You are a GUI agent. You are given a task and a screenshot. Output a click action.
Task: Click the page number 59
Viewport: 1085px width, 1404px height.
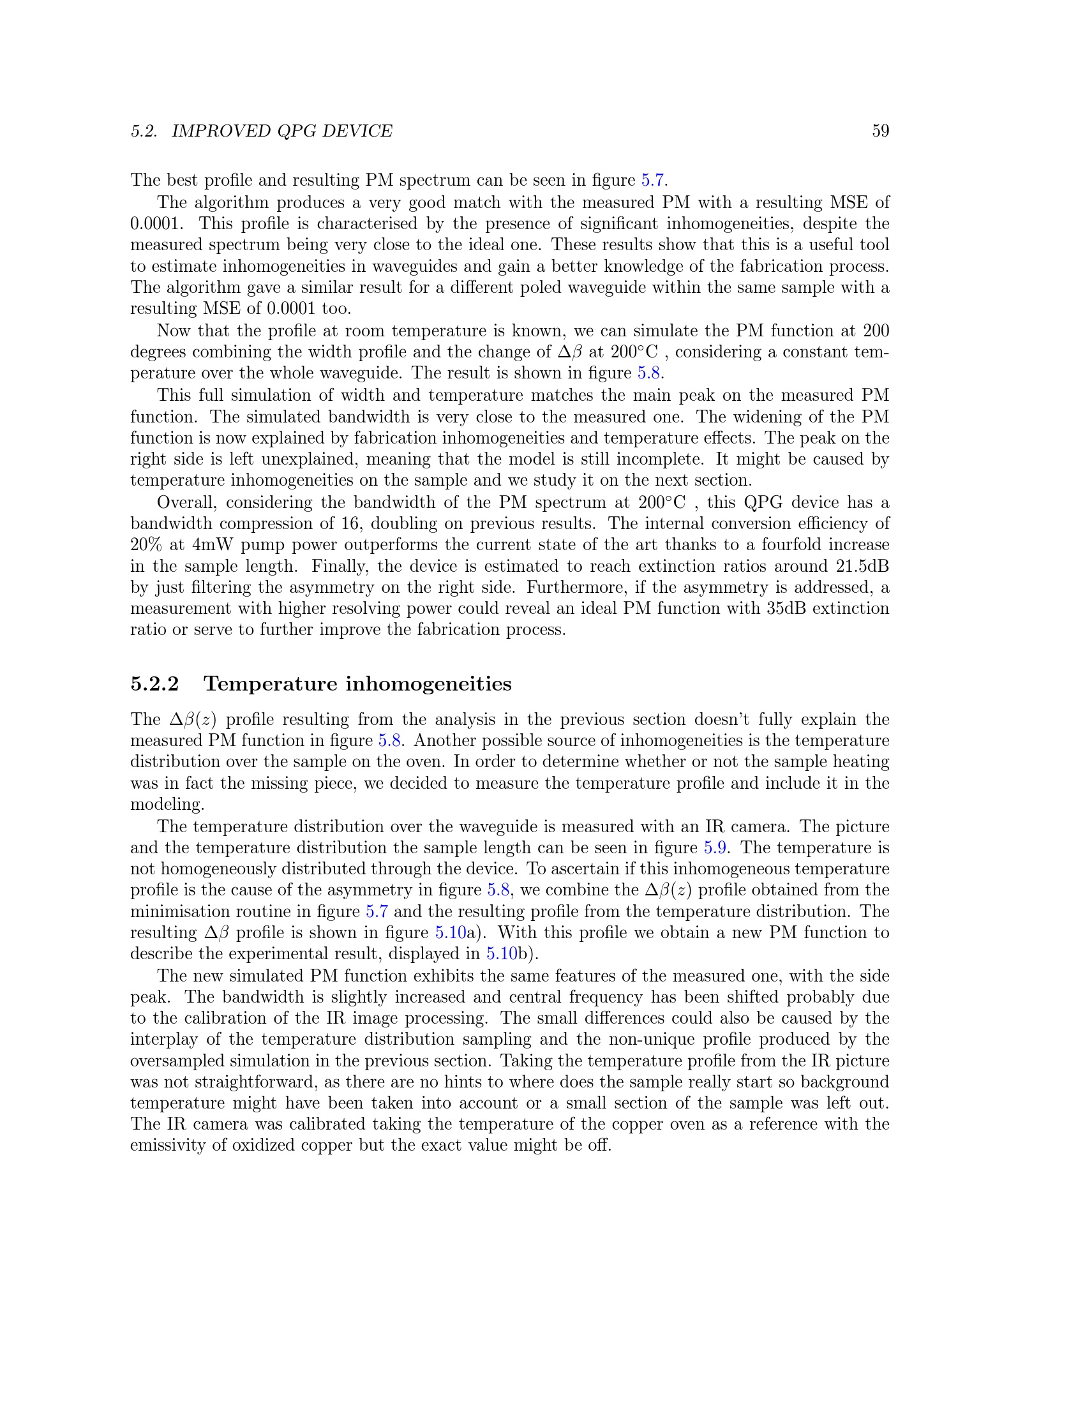coord(880,131)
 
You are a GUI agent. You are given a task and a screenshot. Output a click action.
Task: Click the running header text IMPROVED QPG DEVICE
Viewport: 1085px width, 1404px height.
coord(281,131)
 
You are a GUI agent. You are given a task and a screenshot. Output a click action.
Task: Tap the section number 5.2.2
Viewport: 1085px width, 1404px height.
coord(154,683)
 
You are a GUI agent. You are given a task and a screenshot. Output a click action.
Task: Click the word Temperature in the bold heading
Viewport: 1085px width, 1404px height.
coord(269,683)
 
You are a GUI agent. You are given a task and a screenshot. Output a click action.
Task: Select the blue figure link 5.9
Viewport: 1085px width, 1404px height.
coord(715,848)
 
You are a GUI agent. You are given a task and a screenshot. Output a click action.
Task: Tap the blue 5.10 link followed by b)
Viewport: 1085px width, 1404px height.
coord(502,954)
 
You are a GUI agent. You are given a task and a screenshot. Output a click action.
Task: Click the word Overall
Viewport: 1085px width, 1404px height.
coord(187,502)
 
